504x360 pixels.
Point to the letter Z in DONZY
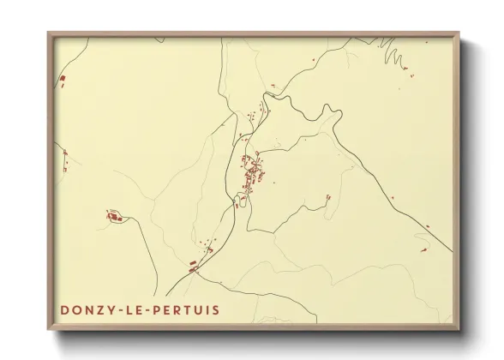[x=103, y=309]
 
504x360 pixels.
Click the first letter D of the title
[x=65, y=309]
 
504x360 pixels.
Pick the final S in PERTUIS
[x=218, y=309]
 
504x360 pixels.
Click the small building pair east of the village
[x=327, y=199]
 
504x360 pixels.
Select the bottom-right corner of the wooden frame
[x=459, y=328]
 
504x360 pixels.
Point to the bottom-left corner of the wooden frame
[x=49, y=328]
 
